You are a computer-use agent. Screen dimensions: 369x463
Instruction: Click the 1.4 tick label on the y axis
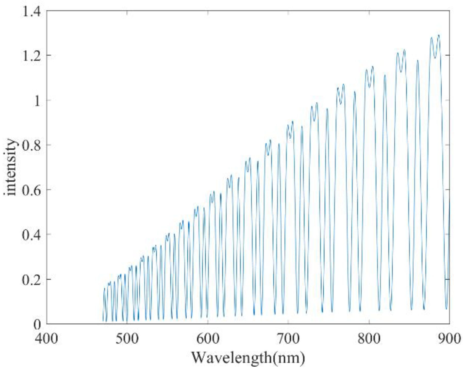[x=31, y=12]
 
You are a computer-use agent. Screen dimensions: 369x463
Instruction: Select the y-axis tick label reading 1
[x=37, y=101]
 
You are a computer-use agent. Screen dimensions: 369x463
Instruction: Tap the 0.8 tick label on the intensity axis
[x=31, y=145]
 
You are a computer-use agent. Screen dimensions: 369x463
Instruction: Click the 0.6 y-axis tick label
[x=31, y=190]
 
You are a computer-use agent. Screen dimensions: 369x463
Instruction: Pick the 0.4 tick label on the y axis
[x=31, y=235]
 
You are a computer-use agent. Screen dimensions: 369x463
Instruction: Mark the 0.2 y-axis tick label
[x=31, y=280]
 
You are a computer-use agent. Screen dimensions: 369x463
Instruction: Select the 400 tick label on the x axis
[x=46, y=338]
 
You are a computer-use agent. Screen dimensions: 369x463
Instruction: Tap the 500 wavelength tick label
[x=127, y=338]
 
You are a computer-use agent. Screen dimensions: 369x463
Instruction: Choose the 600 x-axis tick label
[x=208, y=338]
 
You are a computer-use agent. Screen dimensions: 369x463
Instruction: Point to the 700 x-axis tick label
[x=288, y=338]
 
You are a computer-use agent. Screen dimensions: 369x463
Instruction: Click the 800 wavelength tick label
[x=369, y=338]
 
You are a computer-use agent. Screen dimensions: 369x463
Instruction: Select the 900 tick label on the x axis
[x=449, y=338]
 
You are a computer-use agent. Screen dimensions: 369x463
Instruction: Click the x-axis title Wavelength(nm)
[x=248, y=358]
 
